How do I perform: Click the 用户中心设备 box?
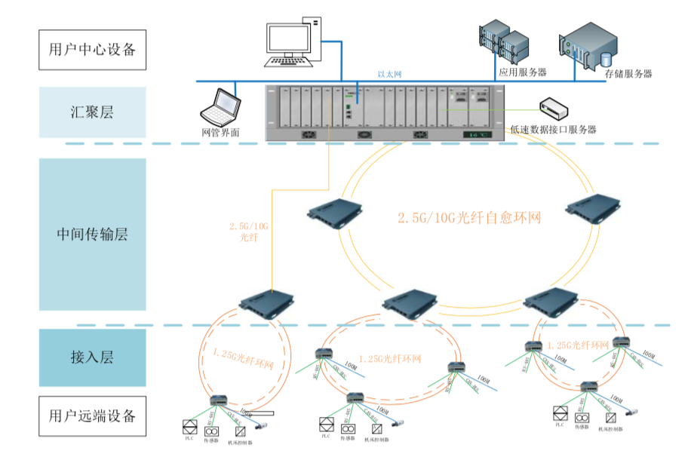(92, 49)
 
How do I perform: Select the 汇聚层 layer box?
(92, 112)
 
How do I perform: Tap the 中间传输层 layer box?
(92, 234)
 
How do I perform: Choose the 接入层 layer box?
(92, 357)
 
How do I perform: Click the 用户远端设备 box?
(92, 416)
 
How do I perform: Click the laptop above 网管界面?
(220, 106)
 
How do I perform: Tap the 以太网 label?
(389, 75)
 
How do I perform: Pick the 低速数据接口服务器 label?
(553, 130)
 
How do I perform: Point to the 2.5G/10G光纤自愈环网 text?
(470, 217)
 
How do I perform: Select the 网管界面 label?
(220, 131)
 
